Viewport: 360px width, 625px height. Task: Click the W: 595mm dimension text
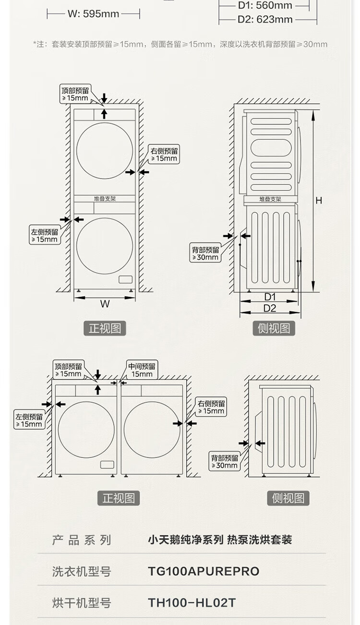pos(93,14)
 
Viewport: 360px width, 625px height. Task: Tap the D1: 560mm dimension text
pos(265,6)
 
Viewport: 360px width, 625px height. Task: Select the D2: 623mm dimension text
pos(265,20)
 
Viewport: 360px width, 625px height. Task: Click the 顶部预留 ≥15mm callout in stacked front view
pos(75,94)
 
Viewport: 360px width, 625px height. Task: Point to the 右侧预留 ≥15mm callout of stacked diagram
pos(164,154)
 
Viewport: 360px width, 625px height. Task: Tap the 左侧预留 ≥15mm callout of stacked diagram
pos(45,235)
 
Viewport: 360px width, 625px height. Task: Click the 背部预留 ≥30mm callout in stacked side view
pos(205,253)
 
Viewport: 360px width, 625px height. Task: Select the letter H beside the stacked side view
pos(319,201)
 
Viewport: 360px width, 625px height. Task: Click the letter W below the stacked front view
pos(105,304)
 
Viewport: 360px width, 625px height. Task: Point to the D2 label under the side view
pos(270,308)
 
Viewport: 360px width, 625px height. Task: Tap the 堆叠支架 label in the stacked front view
pos(105,198)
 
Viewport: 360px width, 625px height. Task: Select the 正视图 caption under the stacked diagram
pos(105,328)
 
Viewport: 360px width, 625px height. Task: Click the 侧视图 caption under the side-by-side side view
pos(288,498)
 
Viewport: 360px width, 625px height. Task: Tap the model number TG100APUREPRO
pos(204,571)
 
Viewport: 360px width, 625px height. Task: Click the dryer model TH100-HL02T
pos(192,602)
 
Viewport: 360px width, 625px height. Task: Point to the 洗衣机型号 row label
pos(82,571)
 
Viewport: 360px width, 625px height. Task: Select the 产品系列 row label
pos(82,540)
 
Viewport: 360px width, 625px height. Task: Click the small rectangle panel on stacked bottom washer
pos(125,279)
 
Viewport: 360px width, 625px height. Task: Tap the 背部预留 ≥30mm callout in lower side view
pos(224,461)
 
